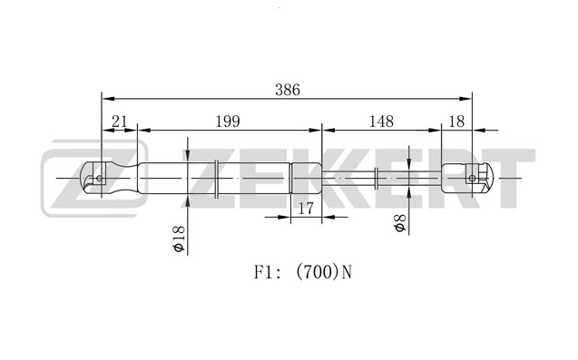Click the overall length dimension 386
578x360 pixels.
pyautogui.click(x=288, y=90)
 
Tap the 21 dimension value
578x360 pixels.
pyautogui.click(x=119, y=122)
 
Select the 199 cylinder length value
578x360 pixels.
pyautogui.click(x=228, y=122)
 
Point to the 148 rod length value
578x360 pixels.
pyautogui.click(x=381, y=122)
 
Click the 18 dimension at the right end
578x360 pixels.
pyautogui.click(x=456, y=122)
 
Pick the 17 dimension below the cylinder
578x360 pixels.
pyautogui.click(x=305, y=209)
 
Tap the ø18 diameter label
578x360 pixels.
pyautogui.click(x=179, y=238)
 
